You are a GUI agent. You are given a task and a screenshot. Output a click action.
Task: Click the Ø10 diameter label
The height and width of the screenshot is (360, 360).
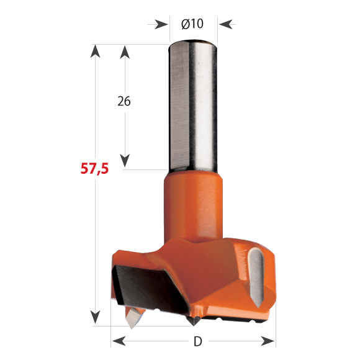coord(193,24)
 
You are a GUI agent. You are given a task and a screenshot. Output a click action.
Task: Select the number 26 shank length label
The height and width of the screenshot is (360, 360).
coord(124,101)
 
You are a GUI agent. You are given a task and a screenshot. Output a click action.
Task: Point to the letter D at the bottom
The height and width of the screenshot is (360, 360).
coord(197,341)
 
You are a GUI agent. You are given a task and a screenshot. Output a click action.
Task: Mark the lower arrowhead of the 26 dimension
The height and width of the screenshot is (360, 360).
coord(125,161)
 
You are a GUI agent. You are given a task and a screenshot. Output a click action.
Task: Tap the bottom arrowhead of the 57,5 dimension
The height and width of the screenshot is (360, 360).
coord(95,317)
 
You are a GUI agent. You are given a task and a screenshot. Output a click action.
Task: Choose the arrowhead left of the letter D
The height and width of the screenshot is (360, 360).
coord(119,341)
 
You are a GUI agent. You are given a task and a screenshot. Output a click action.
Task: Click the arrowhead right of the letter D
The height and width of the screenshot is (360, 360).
coord(268,341)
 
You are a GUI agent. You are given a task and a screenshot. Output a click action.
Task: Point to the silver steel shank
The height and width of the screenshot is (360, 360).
coord(193,106)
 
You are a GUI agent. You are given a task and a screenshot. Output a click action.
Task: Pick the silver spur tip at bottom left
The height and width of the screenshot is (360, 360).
coord(132,319)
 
